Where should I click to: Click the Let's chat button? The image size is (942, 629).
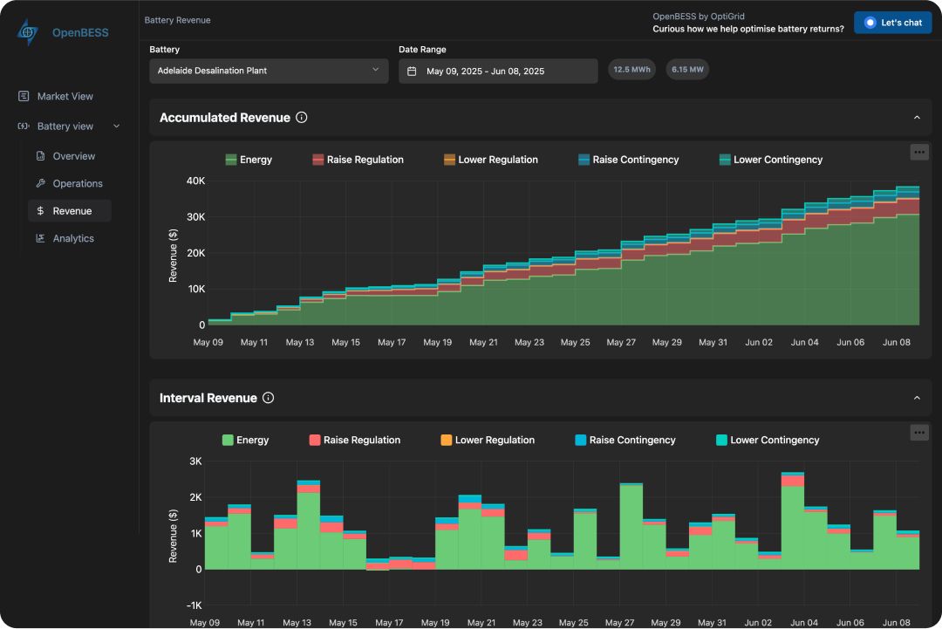coord(892,23)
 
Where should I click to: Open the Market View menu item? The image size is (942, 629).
coord(65,96)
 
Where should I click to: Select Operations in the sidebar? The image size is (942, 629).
coord(77,183)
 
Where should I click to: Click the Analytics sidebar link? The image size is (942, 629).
coord(72,238)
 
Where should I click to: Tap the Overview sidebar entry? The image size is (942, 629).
coord(73,156)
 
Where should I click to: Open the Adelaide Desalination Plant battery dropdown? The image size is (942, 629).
coord(269,71)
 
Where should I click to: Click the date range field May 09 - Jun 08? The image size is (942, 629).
coord(497,72)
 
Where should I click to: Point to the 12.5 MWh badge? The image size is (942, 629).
coord(631,70)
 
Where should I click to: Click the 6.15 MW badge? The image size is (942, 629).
coord(687,70)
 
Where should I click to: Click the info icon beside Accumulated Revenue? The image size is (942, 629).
coord(302,118)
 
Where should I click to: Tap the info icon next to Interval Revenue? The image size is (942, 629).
coord(269,398)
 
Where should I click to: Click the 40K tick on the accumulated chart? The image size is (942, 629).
coord(195,181)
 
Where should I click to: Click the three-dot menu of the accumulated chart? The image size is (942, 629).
coord(918,152)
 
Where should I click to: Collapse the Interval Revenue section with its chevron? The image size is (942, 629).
coord(917,398)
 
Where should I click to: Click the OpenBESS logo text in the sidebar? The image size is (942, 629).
coord(80,33)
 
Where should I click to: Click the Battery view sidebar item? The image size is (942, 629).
coord(65,126)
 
